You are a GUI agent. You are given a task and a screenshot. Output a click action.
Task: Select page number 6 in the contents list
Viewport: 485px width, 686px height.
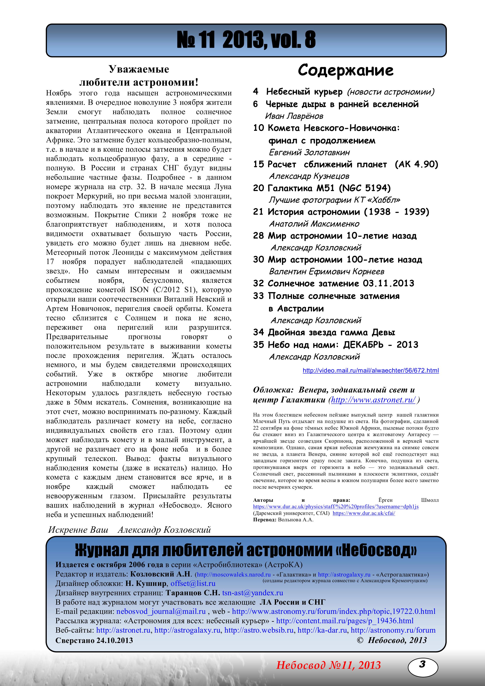click(x=256, y=104)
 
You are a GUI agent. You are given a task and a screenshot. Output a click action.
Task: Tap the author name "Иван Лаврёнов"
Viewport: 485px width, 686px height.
click(x=294, y=116)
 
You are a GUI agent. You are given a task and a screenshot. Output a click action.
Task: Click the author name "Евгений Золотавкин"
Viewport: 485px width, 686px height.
click(x=309, y=152)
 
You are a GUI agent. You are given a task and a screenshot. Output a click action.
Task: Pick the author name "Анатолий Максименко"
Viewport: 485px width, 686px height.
click(x=314, y=224)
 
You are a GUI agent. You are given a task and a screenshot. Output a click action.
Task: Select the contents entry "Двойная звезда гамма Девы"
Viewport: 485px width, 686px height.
click(x=331, y=332)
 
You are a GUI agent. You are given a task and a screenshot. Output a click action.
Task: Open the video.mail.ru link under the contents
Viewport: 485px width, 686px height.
click(x=371, y=371)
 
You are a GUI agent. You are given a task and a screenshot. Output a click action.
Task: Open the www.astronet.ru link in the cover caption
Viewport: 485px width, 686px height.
click(x=373, y=400)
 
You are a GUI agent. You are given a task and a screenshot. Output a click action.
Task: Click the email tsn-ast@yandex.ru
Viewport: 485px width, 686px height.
click(x=253, y=593)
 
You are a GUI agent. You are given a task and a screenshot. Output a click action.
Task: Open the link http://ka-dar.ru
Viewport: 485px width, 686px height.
click(x=322, y=630)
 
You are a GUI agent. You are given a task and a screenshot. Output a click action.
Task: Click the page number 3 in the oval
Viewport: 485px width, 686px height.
click(x=422, y=664)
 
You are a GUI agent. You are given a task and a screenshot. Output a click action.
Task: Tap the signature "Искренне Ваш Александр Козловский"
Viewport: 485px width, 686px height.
click(x=129, y=530)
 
